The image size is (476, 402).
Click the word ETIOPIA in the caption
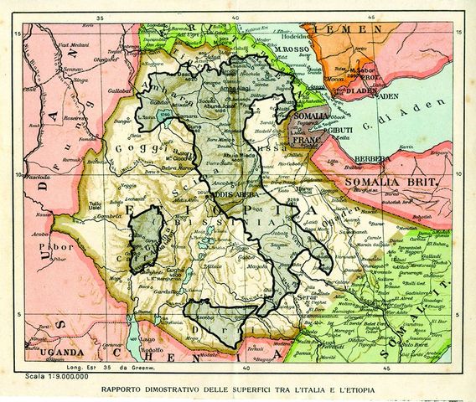360,389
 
